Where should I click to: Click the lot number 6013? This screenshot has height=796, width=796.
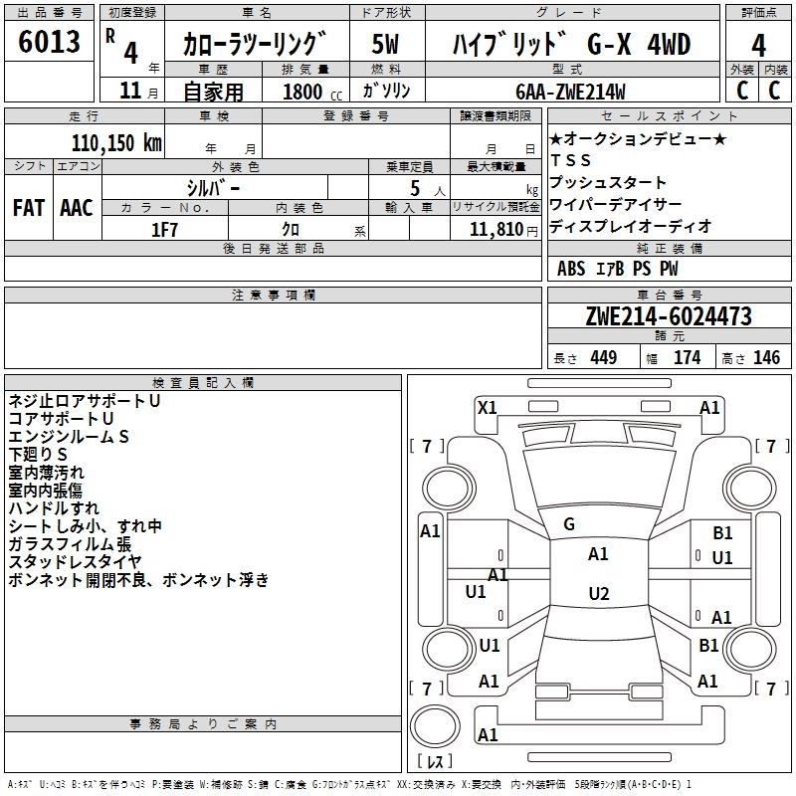(x=50, y=43)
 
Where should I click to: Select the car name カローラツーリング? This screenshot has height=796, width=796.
(x=255, y=44)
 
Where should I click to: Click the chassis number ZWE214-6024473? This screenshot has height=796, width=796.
(x=669, y=316)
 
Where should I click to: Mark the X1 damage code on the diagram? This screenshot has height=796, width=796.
(x=488, y=407)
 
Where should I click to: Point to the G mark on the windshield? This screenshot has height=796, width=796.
(x=569, y=524)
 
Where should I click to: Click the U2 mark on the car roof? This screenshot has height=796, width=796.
(x=598, y=594)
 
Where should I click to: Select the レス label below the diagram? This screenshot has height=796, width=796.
(x=435, y=763)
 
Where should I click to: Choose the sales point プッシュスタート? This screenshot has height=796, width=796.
(x=608, y=183)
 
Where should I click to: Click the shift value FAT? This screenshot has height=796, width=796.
(x=28, y=207)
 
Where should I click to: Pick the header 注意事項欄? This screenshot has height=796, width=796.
(x=274, y=296)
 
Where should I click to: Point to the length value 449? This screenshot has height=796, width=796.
(x=603, y=358)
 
